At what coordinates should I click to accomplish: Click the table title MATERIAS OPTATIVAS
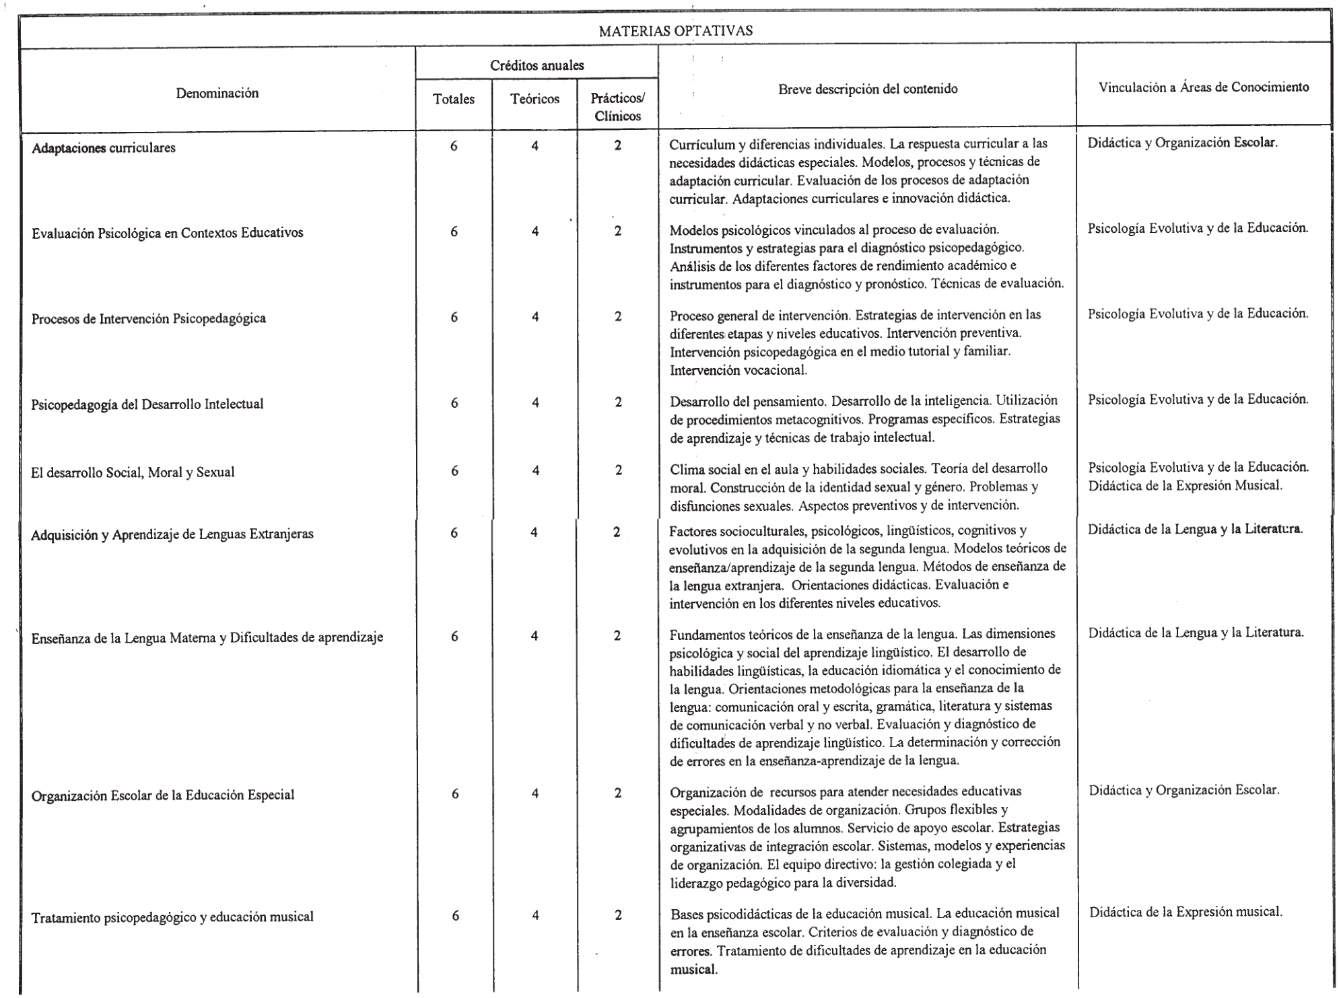pos(675,31)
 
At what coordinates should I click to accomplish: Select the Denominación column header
pos(217,94)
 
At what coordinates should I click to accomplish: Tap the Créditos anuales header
pos(537,66)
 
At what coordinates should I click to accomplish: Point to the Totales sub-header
pos(454,100)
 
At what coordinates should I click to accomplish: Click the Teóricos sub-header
pos(535,100)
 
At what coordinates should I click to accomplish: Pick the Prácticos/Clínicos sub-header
pos(617,107)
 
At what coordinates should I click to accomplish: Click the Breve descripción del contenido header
pos(867,89)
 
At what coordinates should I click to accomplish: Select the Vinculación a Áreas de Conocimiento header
pos(1203,87)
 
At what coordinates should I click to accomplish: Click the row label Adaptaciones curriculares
pos(104,148)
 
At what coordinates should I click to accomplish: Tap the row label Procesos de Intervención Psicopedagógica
pos(149,318)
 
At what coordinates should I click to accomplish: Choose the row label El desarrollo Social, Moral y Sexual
pos(133,472)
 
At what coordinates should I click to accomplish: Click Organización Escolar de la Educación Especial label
pos(163,795)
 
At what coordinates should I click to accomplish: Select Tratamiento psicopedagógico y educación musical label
pos(172,917)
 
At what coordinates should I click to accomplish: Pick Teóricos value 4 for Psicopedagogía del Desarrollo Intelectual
pos(535,403)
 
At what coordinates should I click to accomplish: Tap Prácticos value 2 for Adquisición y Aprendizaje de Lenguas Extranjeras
pos(617,533)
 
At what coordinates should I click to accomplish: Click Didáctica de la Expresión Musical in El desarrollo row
pos(1185,485)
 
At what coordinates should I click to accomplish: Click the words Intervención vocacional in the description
pos(738,370)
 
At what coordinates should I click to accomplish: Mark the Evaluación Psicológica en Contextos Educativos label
pos(168,233)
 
